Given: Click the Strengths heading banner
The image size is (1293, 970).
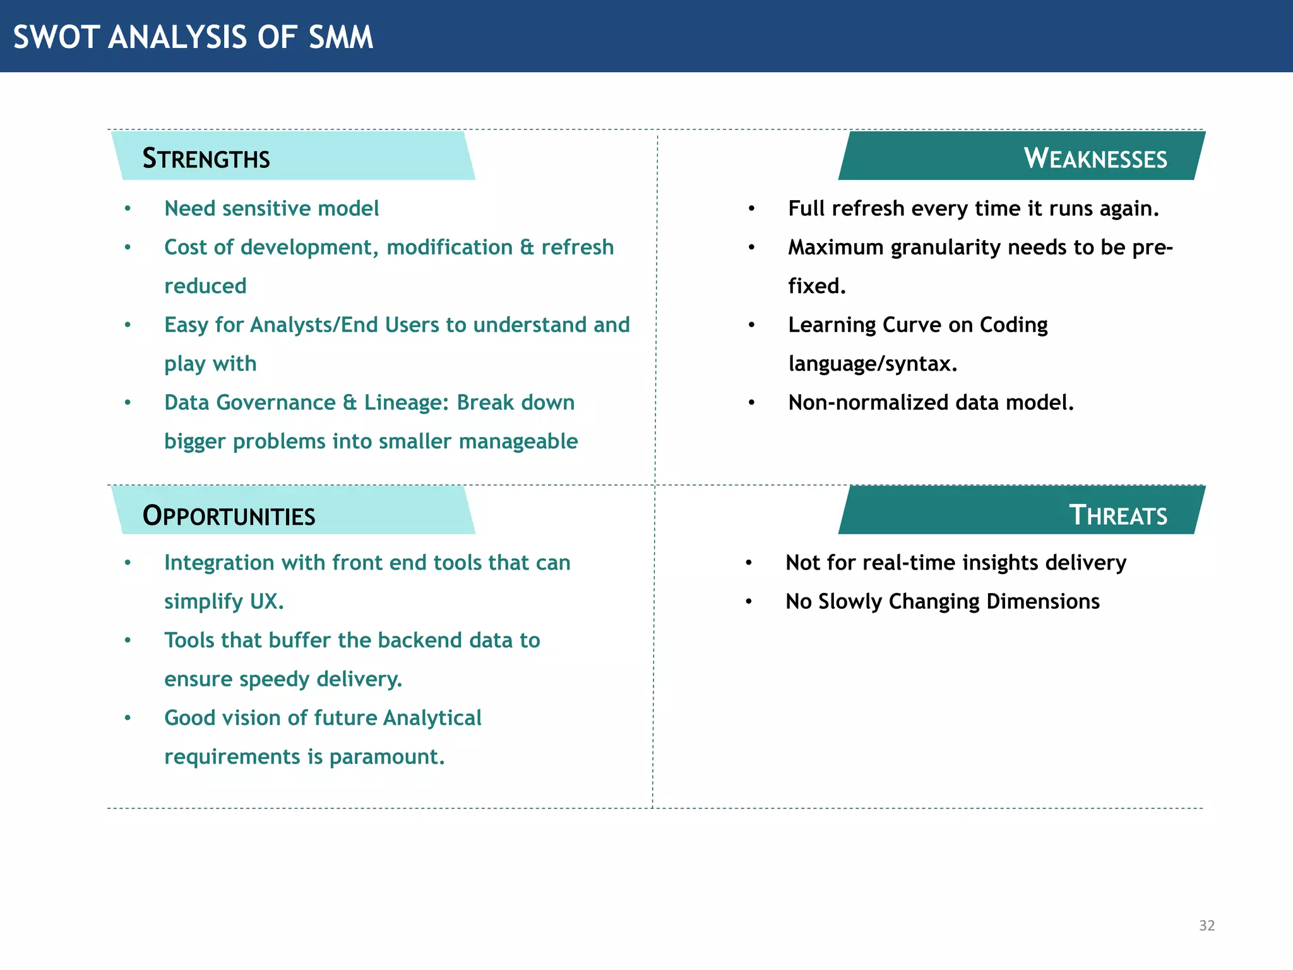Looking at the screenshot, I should [x=293, y=157].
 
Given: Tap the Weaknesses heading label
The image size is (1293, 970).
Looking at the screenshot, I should [x=1095, y=158].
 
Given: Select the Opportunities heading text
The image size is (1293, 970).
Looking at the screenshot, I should [x=229, y=516].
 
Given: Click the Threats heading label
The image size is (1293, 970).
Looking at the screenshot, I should [x=1117, y=515].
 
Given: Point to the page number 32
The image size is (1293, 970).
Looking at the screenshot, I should [x=1207, y=925].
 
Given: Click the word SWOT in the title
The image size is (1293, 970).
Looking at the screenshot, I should [x=56, y=37].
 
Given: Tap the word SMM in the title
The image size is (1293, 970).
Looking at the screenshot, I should [x=341, y=37].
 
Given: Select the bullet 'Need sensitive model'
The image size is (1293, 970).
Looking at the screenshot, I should [x=271, y=208].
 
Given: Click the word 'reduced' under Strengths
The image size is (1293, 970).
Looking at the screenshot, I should [x=205, y=286].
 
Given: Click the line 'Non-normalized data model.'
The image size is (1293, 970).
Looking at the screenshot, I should [x=931, y=402].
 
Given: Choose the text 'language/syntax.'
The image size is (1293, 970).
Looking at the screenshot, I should [x=873, y=364].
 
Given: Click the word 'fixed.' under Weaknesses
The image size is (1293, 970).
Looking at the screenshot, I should [x=816, y=286].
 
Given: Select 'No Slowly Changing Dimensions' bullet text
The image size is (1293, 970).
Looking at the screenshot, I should [x=942, y=601].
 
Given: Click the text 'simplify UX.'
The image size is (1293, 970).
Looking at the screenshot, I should [x=223, y=601].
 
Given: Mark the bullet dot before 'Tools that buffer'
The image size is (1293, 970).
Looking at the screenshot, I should [x=128, y=640].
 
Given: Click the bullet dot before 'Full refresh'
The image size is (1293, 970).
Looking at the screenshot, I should [x=751, y=209].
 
